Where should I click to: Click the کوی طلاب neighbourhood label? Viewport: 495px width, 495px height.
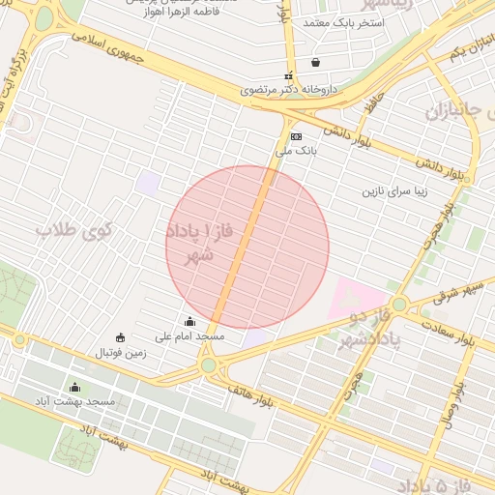coord(74,231)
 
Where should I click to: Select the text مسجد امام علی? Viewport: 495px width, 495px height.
coord(197,336)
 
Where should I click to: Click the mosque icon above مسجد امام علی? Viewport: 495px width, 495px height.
coord(189,322)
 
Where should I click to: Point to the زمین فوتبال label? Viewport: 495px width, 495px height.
coord(120,353)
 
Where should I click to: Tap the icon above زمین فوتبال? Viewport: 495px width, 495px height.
coord(120,337)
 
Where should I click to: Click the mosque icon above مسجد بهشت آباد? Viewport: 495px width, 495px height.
coord(75,387)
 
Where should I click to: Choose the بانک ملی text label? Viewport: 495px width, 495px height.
coord(296,151)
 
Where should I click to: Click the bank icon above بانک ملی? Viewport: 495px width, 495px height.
coord(296,136)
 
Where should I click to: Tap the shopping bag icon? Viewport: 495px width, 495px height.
coord(315,63)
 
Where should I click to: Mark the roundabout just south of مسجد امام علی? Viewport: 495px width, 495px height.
coord(208,365)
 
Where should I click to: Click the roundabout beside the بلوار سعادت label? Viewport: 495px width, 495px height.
coord(398,306)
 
